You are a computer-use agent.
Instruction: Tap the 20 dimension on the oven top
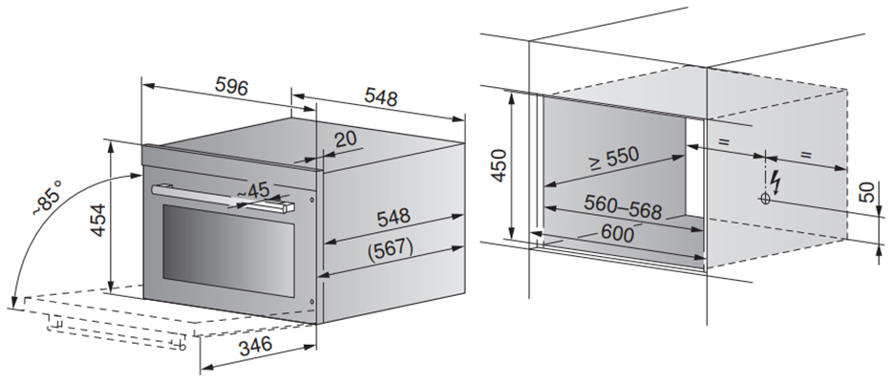[x=346, y=138]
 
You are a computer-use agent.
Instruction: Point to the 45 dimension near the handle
[x=256, y=190]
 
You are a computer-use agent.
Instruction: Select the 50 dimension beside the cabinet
[x=867, y=190]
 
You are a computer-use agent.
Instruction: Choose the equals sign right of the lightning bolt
[x=804, y=154]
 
